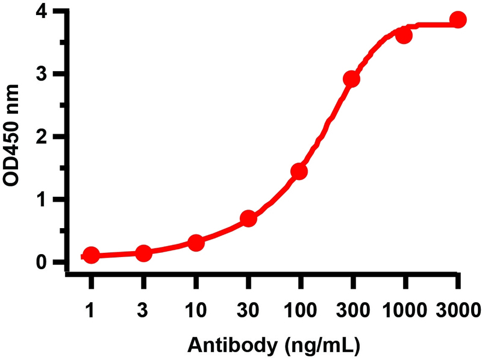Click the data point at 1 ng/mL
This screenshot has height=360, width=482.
click(x=91, y=255)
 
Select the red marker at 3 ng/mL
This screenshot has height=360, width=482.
click(x=143, y=253)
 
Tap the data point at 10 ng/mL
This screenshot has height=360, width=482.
click(x=196, y=243)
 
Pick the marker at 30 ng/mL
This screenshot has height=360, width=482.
click(x=248, y=219)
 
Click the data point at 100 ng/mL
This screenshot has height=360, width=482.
click(x=299, y=172)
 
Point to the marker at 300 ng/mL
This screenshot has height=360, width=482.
click(x=352, y=79)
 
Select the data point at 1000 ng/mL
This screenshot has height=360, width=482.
click(x=404, y=36)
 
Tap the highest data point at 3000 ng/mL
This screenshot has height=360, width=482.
click(x=458, y=20)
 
